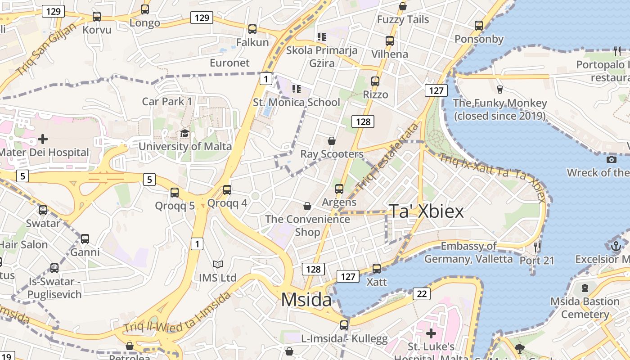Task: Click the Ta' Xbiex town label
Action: (x=426, y=211)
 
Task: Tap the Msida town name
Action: (x=306, y=300)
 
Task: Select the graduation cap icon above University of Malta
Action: (x=184, y=133)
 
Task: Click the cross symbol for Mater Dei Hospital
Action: (x=43, y=139)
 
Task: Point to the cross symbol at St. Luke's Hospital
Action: (x=431, y=333)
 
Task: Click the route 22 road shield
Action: (x=422, y=294)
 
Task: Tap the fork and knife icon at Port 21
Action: (x=537, y=247)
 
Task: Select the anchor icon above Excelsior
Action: (x=616, y=246)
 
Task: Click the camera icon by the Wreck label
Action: (x=611, y=159)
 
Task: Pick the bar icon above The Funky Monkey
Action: (x=499, y=90)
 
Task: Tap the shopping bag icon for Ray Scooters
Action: (x=332, y=141)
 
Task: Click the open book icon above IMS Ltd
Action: (x=218, y=264)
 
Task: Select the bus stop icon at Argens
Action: (x=339, y=189)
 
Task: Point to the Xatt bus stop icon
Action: (x=377, y=269)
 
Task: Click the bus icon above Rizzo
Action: (x=375, y=81)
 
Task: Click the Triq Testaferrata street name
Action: (x=387, y=156)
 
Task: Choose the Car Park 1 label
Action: (x=167, y=101)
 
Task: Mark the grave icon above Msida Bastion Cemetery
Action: (x=585, y=288)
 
